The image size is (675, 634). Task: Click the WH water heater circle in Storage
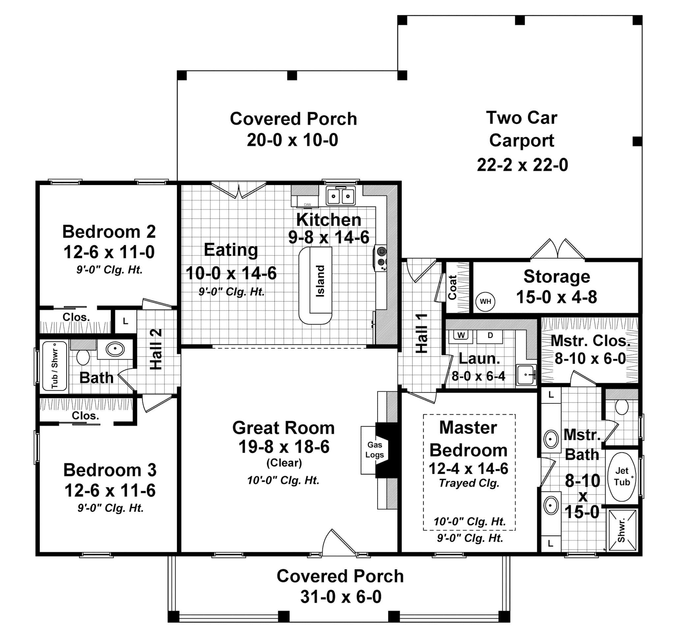click(485, 302)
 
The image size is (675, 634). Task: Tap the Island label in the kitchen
click(320, 281)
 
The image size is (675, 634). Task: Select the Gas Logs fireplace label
click(374, 450)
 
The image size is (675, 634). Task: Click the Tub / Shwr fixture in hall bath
click(55, 366)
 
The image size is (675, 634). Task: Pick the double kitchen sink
click(340, 196)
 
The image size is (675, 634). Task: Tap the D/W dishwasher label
click(307, 204)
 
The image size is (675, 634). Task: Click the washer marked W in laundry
click(461, 336)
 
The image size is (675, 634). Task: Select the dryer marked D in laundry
click(490, 336)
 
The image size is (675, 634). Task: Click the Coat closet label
click(452, 287)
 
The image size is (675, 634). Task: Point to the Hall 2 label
click(157, 349)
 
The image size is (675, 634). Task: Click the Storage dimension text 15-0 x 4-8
click(556, 297)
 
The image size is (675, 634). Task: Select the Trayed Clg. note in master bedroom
click(469, 483)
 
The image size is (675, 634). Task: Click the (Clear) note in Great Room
click(284, 463)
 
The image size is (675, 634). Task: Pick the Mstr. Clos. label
click(590, 341)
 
